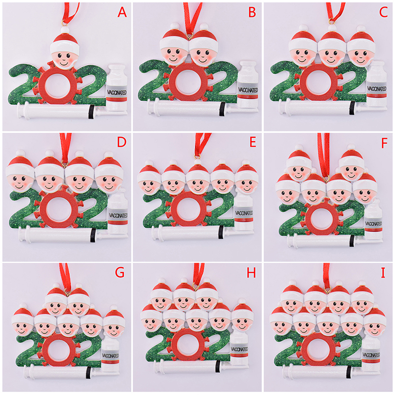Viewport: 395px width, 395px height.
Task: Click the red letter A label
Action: point(122,12)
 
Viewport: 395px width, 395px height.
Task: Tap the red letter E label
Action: point(253,142)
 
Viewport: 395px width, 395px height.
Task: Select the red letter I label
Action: point(383,273)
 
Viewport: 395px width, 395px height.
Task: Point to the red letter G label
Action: point(119,273)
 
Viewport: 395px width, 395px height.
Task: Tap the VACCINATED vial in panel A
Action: point(117,88)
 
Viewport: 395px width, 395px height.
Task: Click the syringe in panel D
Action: point(58,235)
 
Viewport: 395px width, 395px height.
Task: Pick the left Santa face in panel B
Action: point(174,48)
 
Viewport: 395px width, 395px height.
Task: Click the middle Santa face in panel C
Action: point(332,50)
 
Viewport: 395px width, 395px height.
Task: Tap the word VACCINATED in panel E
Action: point(244,213)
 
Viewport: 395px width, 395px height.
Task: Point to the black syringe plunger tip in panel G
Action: point(88,373)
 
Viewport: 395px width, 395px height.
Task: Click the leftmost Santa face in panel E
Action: point(149,181)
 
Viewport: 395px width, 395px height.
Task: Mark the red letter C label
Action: point(383,12)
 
